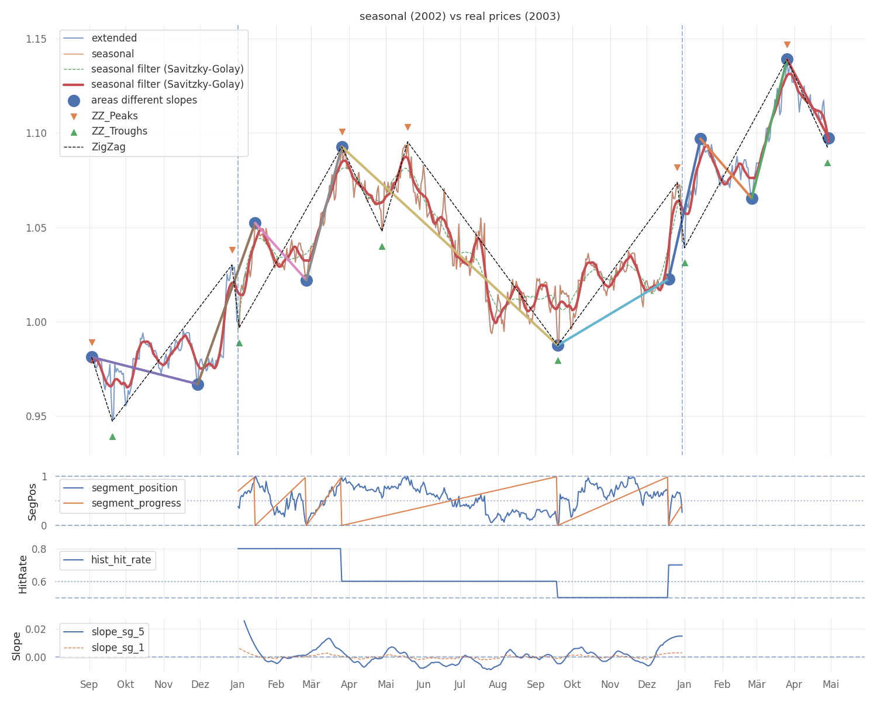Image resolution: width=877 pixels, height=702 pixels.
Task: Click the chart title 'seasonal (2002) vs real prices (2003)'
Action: coord(460,16)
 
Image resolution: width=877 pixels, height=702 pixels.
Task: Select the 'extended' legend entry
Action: coord(114,39)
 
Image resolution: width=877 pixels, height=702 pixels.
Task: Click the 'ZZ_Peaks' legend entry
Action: coord(115,116)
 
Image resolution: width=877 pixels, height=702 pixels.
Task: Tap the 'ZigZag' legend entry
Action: coord(108,147)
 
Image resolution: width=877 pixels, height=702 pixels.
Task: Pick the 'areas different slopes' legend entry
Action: coord(144,101)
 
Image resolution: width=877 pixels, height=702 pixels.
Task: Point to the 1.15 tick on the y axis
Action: coord(36,39)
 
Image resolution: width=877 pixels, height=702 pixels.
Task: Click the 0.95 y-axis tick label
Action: coord(36,417)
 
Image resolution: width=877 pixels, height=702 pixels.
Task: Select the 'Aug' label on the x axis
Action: coord(498,684)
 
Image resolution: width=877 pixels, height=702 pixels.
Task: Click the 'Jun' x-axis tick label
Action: coord(423,684)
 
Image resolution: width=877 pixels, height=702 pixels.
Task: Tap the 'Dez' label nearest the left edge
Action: coord(200,684)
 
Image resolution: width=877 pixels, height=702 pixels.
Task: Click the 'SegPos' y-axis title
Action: coord(33,501)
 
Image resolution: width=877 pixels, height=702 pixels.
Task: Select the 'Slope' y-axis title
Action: coord(16,646)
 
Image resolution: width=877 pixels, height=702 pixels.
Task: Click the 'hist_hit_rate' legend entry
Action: coord(121,560)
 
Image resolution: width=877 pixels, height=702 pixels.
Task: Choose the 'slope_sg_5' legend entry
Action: coord(118,632)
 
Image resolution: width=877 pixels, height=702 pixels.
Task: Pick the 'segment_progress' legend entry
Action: coord(136,504)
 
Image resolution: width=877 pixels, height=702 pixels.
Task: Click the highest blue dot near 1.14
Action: coord(787,60)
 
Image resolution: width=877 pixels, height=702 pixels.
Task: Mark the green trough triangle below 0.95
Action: coord(112,436)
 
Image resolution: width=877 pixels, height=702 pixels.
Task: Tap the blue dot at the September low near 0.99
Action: coord(558,345)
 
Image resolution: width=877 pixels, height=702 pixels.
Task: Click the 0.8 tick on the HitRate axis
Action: coord(39,549)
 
